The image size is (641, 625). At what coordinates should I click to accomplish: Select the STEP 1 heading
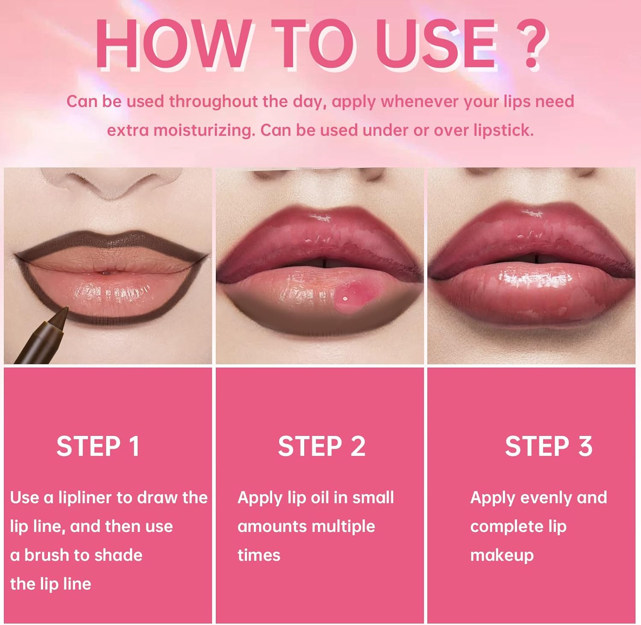click(x=98, y=447)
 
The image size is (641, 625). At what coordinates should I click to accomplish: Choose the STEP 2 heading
click(x=322, y=447)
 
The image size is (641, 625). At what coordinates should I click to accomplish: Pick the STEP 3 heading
click(x=549, y=447)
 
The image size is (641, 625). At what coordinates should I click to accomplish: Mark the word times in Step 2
click(x=259, y=555)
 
